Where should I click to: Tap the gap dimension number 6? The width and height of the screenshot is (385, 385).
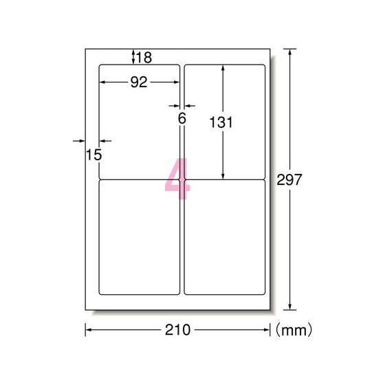click(x=182, y=118)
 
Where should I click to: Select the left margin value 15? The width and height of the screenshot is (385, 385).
click(x=94, y=155)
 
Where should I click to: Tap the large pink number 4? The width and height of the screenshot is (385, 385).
click(x=177, y=179)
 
